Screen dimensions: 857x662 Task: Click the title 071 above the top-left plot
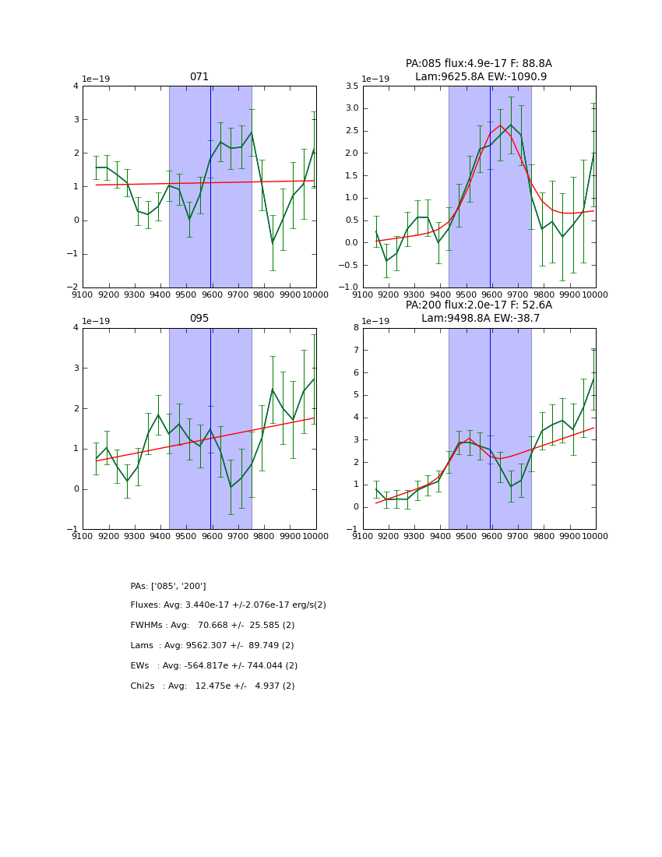pos(199,77)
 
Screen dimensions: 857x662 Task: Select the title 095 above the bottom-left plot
pos(199,319)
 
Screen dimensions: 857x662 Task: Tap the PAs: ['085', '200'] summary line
pos(168,586)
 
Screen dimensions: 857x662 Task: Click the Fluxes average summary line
pos(228,605)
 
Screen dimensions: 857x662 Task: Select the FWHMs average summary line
pos(213,626)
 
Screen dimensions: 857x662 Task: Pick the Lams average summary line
pos(213,646)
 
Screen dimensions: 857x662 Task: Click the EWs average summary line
pos(214,666)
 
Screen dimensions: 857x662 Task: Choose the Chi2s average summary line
pos(213,686)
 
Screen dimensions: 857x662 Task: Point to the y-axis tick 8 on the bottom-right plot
pos(355,327)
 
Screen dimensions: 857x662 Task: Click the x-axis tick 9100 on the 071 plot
pos(83,294)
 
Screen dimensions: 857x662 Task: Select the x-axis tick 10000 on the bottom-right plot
pos(595,536)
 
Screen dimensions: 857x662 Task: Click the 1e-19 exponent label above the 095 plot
pos(96,321)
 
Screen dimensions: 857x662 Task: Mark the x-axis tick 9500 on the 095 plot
pos(186,536)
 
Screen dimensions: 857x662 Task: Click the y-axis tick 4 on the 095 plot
pos(76,327)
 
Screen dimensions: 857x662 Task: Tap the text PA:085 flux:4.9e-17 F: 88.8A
pos(479,64)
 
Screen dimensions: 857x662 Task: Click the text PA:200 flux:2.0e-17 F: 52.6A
pos(479,305)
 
